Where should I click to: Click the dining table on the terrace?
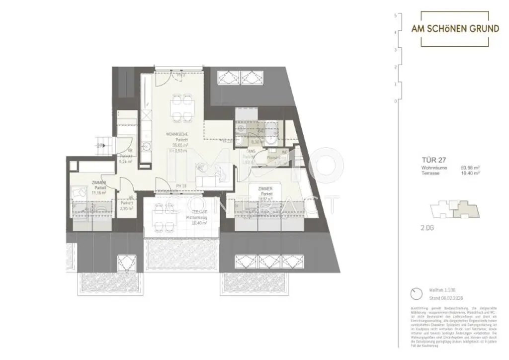tap(162, 217)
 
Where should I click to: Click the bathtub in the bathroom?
tap(269, 129)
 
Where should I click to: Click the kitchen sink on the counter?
tap(147, 147)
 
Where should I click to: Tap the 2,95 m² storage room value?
tap(127, 209)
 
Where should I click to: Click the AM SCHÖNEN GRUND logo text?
tap(455, 29)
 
